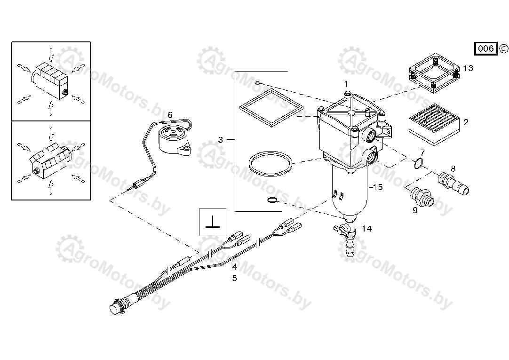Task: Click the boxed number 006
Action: [486, 48]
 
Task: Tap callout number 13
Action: [468, 68]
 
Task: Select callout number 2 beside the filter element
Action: [466, 122]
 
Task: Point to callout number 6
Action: [170, 115]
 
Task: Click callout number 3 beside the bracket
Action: [221, 140]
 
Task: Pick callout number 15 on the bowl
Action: [378, 187]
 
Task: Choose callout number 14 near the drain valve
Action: [367, 229]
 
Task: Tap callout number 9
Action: [415, 210]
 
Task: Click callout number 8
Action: [453, 169]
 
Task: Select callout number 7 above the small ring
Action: [422, 152]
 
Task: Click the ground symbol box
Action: [212, 222]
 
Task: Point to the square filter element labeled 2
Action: [433, 126]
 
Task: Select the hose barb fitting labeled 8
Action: [453, 184]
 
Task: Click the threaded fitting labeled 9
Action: [422, 197]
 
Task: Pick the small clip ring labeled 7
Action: [418, 164]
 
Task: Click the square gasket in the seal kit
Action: [271, 108]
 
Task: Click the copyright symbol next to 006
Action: [503, 48]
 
